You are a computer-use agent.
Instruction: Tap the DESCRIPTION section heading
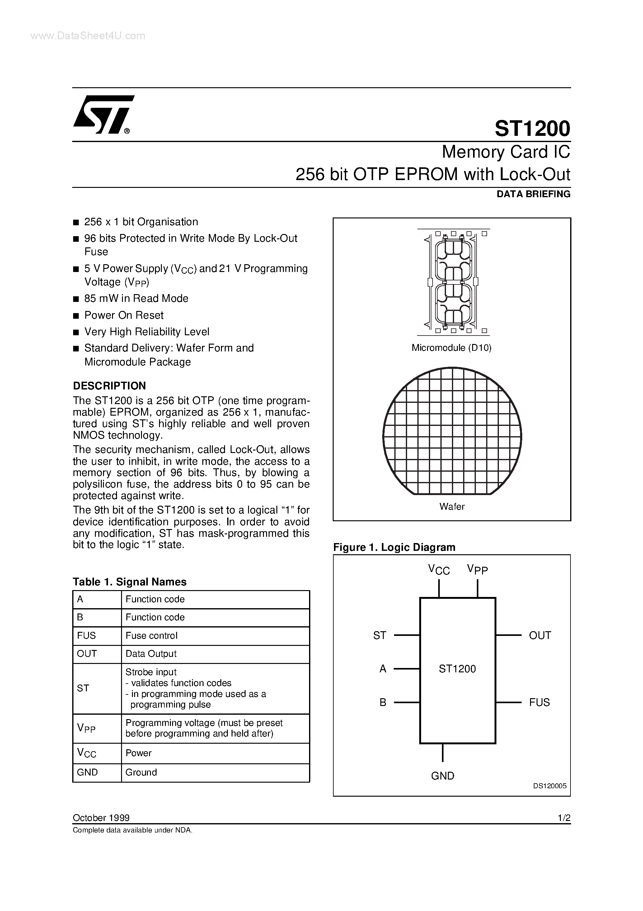click(110, 386)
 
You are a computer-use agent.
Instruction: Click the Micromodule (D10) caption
click(451, 348)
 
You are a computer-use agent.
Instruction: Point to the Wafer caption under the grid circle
click(452, 507)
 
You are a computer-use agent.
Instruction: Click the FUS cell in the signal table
click(87, 636)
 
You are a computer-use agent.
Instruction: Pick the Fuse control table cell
click(152, 636)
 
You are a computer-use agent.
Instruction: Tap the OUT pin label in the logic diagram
click(540, 635)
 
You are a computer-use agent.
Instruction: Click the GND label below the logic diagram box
click(442, 776)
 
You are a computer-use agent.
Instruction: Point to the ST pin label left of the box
click(379, 636)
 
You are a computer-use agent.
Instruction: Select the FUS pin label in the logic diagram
click(539, 702)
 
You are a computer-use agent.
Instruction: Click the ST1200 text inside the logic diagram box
click(457, 669)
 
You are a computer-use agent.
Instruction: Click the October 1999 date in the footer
click(101, 818)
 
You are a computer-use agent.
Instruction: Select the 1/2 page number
click(563, 818)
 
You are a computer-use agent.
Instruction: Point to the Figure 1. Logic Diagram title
click(394, 547)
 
